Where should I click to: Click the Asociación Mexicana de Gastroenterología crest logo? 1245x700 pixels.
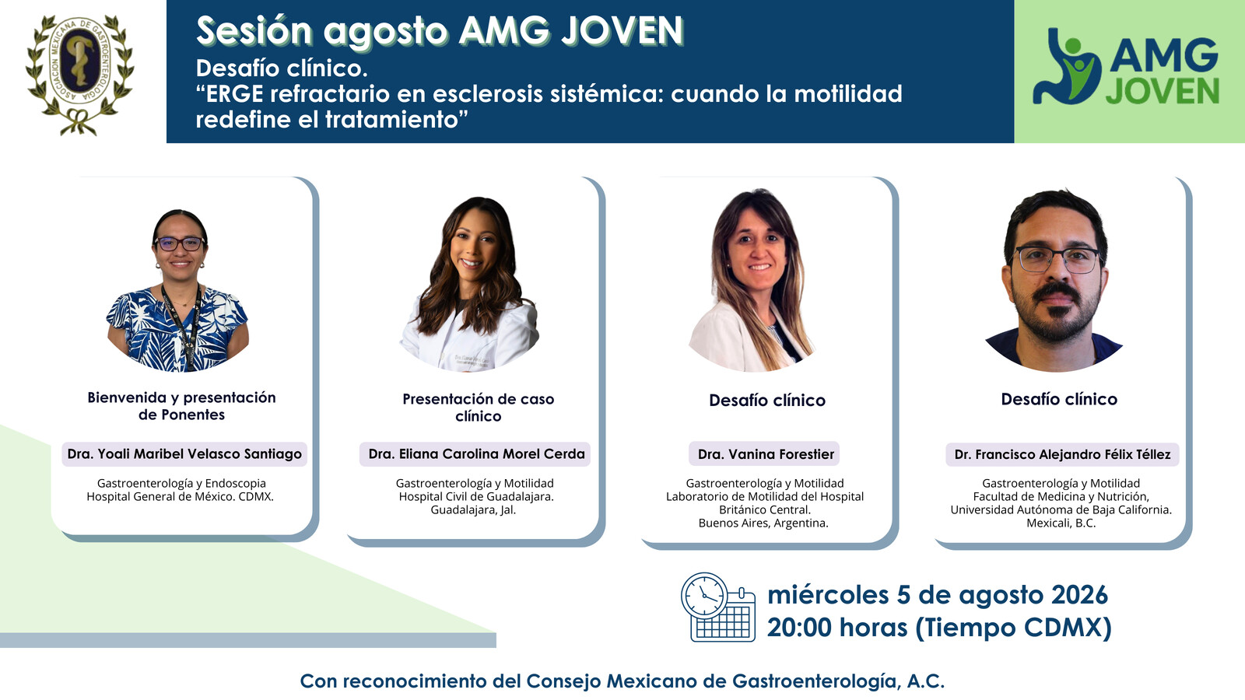pyautogui.click(x=79, y=75)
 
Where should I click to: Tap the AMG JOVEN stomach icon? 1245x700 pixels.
pyautogui.click(x=1066, y=67)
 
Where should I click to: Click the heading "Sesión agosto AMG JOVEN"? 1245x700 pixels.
pyautogui.click(x=440, y=31)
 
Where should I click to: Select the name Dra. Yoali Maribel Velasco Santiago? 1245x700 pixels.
pyautogui.click(x=184, y=454)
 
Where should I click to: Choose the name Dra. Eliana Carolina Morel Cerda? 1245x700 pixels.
pyautogui.click(x=476, y=454)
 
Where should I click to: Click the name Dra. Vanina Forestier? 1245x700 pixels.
pyautogui.click(x=766, y=454)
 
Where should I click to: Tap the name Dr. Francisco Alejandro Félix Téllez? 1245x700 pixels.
pyautogui.click(x=1062, y=454)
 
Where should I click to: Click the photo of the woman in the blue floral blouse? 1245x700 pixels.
pyautogui.click(x=178, y=291)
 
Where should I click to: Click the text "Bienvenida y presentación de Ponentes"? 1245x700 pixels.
pyautogui.click(x=182, y=406)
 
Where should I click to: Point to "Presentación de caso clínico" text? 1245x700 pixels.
pyautogui.click(x=478, y=408)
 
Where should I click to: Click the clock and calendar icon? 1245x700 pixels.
pyautogui.click(x=718, y=607)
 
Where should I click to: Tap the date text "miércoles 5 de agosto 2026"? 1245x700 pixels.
pyautogui.click(x=938, y=595)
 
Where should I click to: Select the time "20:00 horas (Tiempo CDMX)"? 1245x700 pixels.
pyautogui.click(x=939, y=627)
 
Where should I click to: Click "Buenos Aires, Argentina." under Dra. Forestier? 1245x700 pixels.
pyautogui.click(x=763, y=523)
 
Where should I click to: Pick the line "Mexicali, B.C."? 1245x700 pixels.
pyautogui.click(x=1061, y=523)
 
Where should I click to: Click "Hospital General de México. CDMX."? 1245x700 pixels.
pyautogui.click(x=180, y=497)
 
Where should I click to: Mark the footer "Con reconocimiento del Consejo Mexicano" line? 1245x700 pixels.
pyautogui.click(x=622, y=681)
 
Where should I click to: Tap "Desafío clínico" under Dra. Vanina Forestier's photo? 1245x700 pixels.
pyautogui.click(x=767, y=400)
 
